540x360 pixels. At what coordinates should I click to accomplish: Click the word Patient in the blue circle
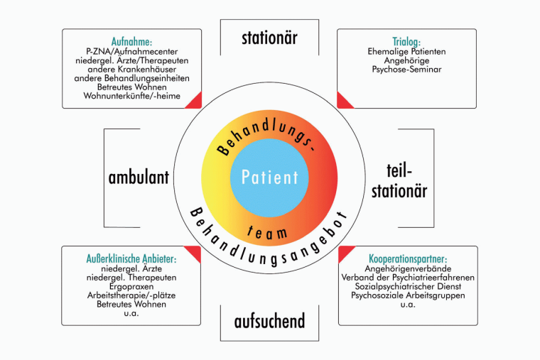(270, 177)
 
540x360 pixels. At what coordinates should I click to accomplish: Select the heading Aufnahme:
(132, 40)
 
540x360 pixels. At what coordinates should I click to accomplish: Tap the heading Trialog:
(406, 41)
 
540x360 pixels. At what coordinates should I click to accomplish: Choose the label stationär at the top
(269, 37)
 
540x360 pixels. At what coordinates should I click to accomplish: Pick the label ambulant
(139, 177)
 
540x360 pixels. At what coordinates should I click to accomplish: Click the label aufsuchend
(269, 322)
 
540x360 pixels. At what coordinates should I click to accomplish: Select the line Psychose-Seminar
(406, 70)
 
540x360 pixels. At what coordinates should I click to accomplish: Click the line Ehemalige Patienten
(406, 51)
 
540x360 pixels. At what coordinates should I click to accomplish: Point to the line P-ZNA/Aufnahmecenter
(132, 51)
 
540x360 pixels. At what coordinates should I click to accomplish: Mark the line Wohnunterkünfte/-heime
(132, 96)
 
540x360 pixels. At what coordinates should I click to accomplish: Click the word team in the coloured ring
(270, 231)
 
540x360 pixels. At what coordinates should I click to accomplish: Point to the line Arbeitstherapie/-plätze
(132, 295)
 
